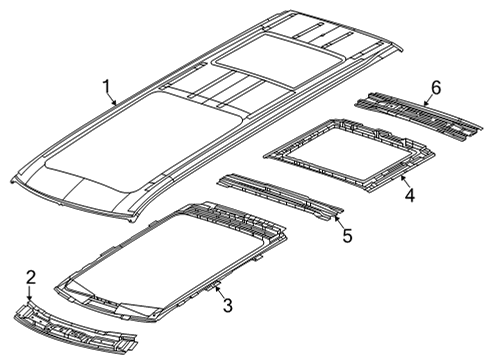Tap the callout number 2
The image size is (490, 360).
pos(31,276)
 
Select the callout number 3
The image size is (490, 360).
pos(227,305)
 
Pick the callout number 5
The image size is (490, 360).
pos(347,237)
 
